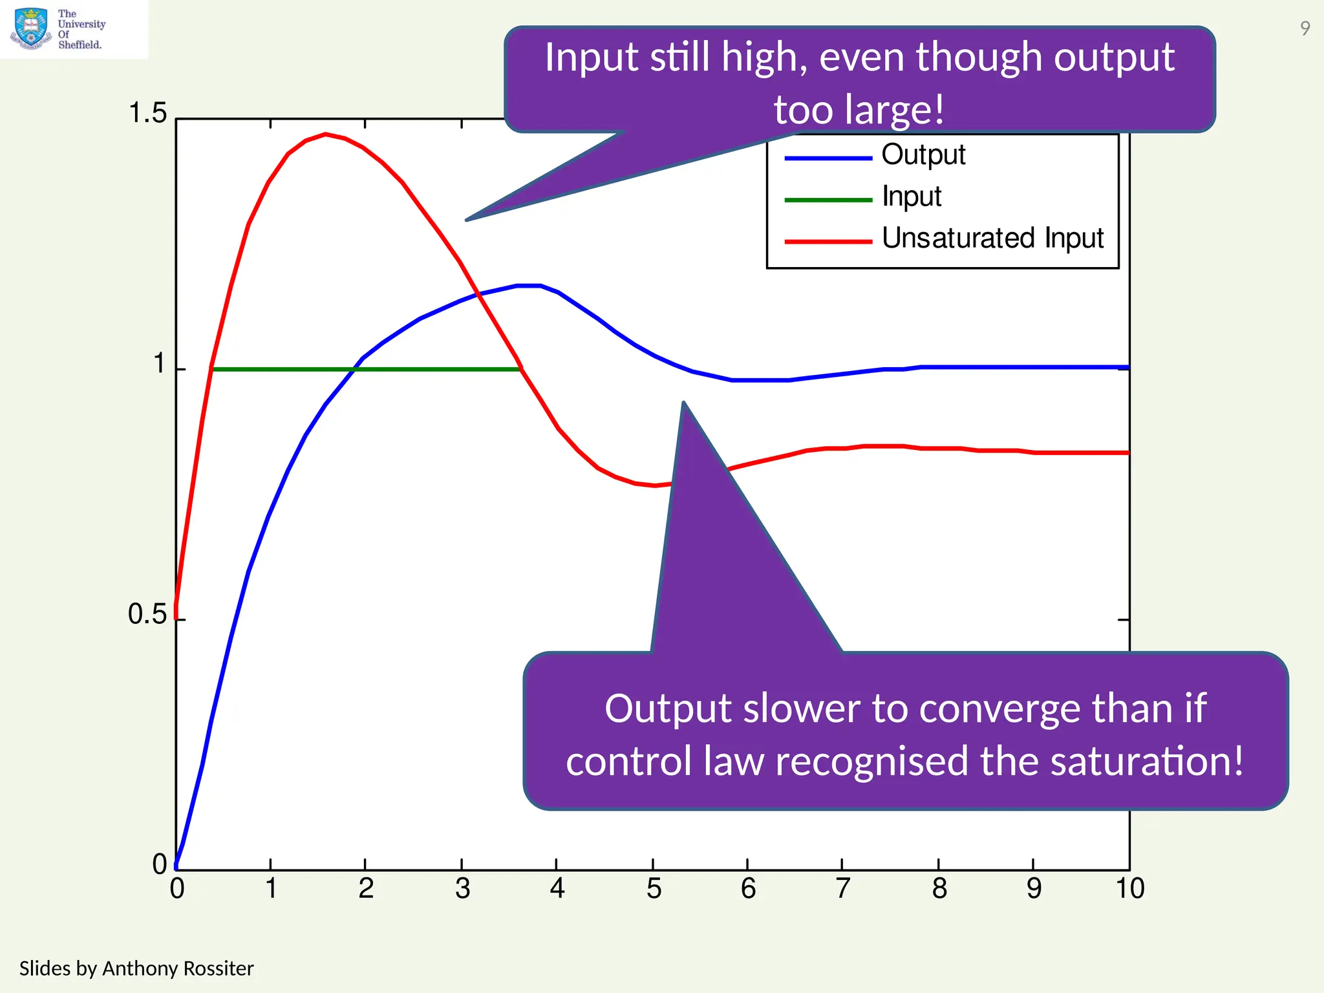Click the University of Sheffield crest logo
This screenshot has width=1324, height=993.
click(x=30, y=28)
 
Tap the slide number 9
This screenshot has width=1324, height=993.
click(x=1305, y=28)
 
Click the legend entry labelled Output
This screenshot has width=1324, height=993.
click(x=923, y=155)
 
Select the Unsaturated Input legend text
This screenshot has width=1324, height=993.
click(x=992, y=239)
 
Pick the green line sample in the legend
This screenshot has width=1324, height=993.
click(x=828, y=200)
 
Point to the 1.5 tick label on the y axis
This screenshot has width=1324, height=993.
click(x=147, y=114)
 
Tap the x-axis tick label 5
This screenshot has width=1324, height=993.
click(x=654, y=889)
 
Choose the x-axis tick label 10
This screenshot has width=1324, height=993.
click(x=1129, y=889)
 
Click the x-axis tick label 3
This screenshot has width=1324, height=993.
click(x=462, y=889)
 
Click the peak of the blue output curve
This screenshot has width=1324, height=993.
click(x=528, y=285)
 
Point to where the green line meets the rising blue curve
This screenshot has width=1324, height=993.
click(x=353, y=369)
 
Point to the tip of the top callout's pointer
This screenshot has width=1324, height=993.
click(x=467, y=220)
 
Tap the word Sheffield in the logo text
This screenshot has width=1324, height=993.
click(x=80, y=45)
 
